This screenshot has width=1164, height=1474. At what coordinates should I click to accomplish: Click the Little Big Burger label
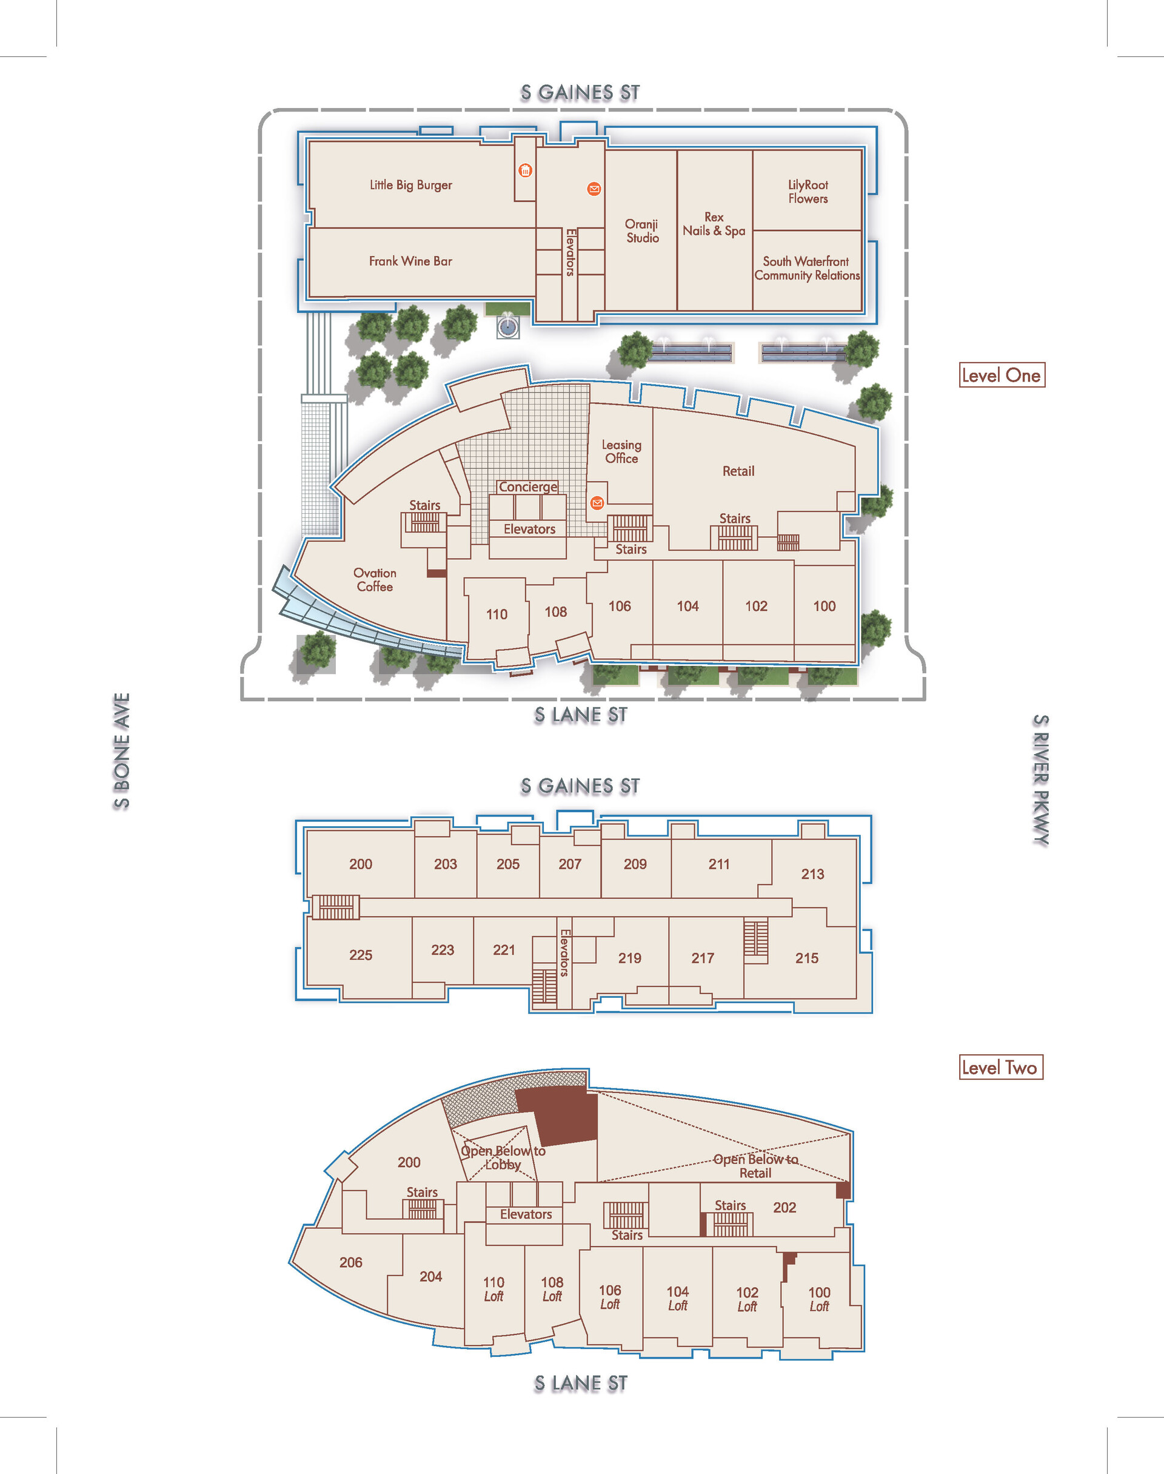tap(410, 185)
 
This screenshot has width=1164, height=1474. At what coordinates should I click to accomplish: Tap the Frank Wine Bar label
tap(410, 261)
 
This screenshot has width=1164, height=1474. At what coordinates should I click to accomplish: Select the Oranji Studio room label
tap(642, 231)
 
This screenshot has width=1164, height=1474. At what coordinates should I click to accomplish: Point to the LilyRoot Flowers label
tap(808, 192)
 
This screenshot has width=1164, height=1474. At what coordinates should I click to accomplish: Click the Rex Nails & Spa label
tap(714, 224)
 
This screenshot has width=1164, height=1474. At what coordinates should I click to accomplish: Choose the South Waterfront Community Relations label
tap(806, 269)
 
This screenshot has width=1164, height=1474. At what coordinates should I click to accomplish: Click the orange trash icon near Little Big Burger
tap(525, 170)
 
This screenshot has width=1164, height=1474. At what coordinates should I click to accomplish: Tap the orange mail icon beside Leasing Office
tap(597, 503)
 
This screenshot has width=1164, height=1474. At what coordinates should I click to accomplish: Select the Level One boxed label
tap(1001, 375)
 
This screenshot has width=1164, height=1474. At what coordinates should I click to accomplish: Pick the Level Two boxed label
tap(1000, 1068)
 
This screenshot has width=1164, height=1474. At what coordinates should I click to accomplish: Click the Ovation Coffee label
tap(374, 579)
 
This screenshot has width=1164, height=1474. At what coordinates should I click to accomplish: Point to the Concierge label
tap(527, 487)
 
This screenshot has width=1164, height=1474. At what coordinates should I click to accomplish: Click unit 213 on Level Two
tap(812, 874)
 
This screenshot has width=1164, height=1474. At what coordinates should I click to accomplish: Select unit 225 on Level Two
tap(361, 955)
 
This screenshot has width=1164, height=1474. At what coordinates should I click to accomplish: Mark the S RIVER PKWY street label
tap(1040, 780)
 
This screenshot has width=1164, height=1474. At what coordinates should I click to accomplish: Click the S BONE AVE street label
tap(121, 752)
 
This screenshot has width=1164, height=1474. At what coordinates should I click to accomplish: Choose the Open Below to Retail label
tap(755, 1166)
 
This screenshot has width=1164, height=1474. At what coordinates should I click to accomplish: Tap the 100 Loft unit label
tap(819, 1299)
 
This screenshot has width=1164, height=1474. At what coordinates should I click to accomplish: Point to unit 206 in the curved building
tap(350, 1263)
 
